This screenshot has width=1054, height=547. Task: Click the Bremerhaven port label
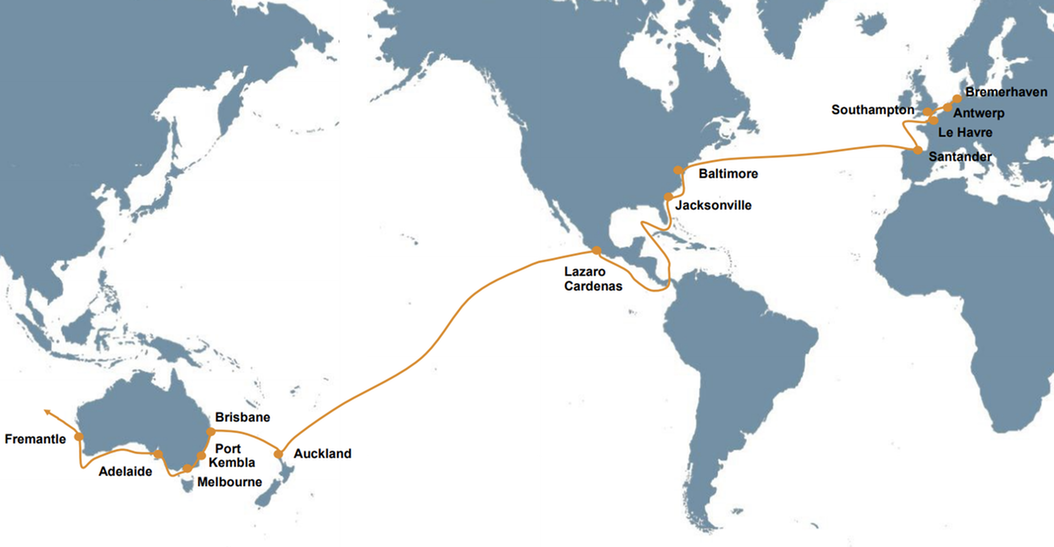pyautogui.click(x=1006, y=92)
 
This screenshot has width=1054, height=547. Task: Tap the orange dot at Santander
pyautogui.click(x=918, y=150)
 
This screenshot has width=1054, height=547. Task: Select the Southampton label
pyautogui.click(x=872, y=110)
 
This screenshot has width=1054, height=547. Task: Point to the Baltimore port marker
pyautogui.click(x=679, y=170)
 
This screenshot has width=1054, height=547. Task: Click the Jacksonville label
pyautogui.click(x=713, y=206)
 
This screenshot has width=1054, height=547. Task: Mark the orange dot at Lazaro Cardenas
pyautogui.click(x=596, y=251)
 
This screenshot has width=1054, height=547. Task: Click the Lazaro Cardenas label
pyautogui.click(x=593, y=279)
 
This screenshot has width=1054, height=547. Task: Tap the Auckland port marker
pyautogui.click(x=278, y=454)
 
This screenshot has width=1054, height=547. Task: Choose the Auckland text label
pyautogui.click(x=322, y=454)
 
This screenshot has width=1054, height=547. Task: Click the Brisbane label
pyautogui.click(x=242, y=417)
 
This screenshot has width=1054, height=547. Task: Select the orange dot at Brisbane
pyautogui.click(x=211, y=432)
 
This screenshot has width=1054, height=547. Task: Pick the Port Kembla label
pyautogui.click(x=231, y=456)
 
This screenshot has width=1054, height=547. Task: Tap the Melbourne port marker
pyautogui.click(x=187, y=468)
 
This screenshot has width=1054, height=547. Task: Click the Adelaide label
pyautogui.click(x=125, y=472)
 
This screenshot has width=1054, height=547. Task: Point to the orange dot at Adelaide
pyautogui.click(x=158, y=455)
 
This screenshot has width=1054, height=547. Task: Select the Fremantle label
pyautogui.click(x=35, y=439)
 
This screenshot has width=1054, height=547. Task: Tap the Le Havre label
pyautogui.click(x=965, y=132)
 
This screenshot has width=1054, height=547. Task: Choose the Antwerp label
pyautogui.click(x=979, y=113)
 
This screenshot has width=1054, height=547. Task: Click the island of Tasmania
pyautogui.click(x=188, y=485)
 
